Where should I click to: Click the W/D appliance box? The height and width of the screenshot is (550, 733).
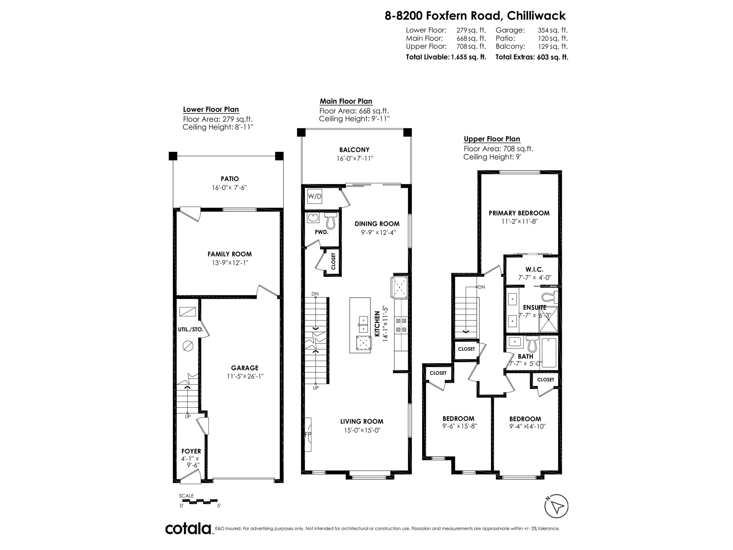pos(314,196)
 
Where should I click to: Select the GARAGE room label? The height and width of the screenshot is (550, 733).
pos(245,368)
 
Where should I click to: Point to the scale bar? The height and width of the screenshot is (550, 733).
pos(198,501)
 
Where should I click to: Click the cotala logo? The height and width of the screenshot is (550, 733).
pos(188,528)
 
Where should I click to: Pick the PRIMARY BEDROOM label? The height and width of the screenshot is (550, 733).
pos(519,213)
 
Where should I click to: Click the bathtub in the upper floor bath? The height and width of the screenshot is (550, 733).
pos(549,353)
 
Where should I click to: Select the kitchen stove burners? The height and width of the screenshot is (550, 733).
pos(401,325)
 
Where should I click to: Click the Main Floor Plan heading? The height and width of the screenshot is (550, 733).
pos(346,101)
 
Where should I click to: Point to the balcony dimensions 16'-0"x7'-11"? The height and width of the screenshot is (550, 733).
pos(355,158)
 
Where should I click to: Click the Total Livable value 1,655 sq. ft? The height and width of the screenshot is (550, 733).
pos(468,57)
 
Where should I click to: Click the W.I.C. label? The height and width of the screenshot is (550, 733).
pos(534,270)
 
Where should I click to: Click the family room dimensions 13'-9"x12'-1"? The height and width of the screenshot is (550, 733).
pos(230,263)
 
